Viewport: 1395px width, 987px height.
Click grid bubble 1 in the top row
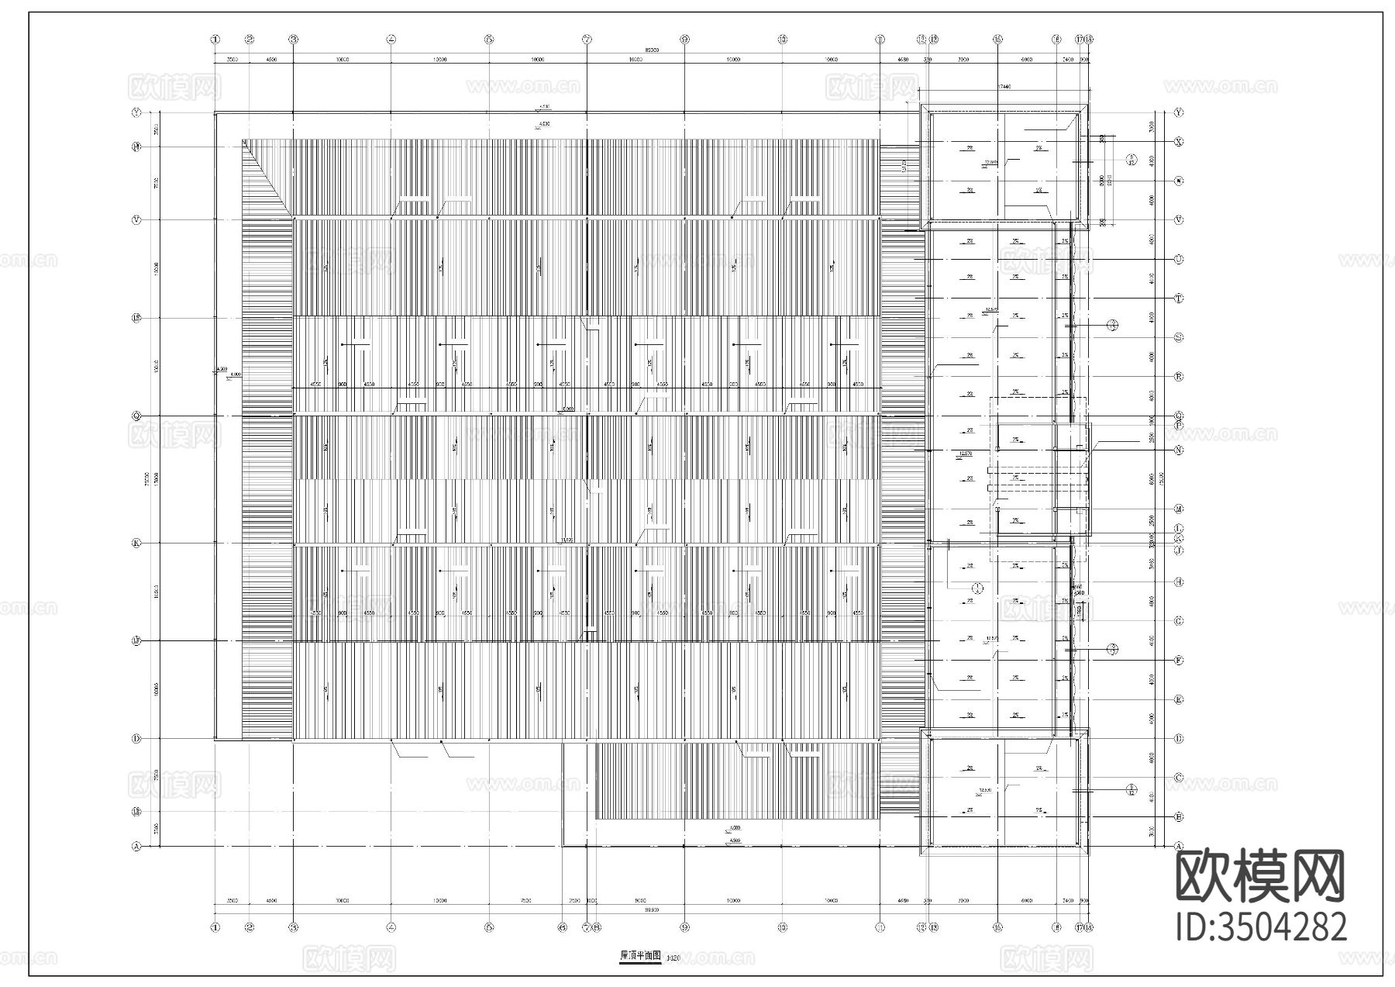(215, 39)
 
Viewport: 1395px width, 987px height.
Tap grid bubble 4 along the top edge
(391, 39)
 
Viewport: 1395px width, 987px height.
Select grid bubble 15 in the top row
(997, 39)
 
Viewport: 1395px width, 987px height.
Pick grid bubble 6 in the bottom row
(563, 927)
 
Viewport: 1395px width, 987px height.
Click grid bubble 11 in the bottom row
(880, 927)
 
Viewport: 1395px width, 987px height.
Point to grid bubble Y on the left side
(137, 112)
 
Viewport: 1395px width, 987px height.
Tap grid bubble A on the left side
(137, 847)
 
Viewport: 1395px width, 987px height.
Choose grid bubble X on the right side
(1179, 142)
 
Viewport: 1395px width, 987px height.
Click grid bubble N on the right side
(1179, 450)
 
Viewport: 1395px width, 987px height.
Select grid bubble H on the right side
(1179, 582)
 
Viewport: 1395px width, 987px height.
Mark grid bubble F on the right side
(1179, 661)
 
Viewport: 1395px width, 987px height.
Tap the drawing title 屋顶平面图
(640, 956)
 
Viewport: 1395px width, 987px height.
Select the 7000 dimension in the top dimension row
(964, 59)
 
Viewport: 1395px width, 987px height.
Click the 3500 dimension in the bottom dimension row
(232, 901)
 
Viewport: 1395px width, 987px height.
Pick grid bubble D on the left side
(137, 739)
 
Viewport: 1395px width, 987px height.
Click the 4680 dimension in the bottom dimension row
(902, 901)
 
